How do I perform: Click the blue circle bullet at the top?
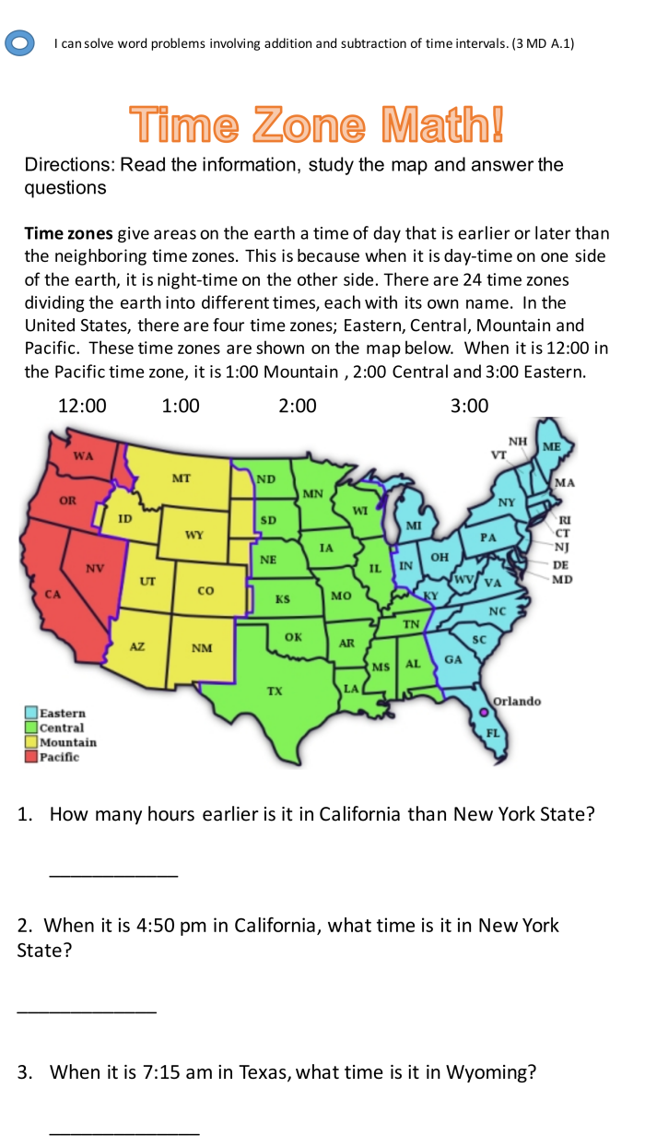click(x=20, y=43)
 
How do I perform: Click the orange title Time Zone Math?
click(x=317, y=125)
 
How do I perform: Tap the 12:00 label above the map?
click(x=82, y=407)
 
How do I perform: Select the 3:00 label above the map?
click(x=470, y=407)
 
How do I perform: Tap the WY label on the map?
click(x=194, y=535)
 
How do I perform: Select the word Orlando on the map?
click(x=518, y=702)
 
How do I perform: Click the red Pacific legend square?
click(x=31, y=757)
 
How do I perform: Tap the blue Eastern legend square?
click(x=31, y=713)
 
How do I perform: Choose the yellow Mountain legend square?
click(x=31, y=742)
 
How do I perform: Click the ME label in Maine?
click(x=552, y=446)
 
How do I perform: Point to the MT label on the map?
click(x=182, y=479)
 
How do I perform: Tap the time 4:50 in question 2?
click(x=157, y=925)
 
